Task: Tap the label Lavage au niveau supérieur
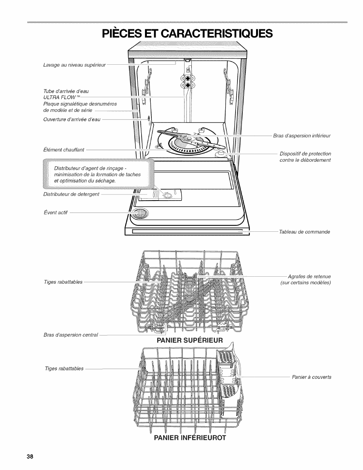tap(75, 65)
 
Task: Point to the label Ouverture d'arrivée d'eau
tap(72, 119)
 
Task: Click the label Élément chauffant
tap(64, 150)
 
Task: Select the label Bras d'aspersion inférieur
tap(302, 135)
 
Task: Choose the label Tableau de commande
tap(304, 232)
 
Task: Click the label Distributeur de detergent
tap(72, 194)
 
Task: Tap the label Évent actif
tap(56, 212)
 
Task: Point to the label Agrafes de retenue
tap(309, 276)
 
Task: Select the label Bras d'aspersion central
tap(71, 335)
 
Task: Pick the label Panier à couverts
tap(312, 377)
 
